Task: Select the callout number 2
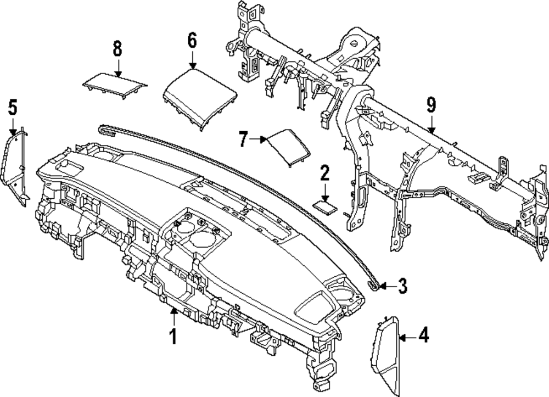[324, 175]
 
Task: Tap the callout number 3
[402, 286]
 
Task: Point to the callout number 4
[423, 336]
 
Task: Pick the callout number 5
[13, 107]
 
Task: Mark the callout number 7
[244, 139]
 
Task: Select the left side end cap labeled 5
[17, 165]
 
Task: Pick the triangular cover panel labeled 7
[287, 145]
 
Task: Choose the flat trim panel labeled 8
[115, 84]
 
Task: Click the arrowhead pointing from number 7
[265, 139]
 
